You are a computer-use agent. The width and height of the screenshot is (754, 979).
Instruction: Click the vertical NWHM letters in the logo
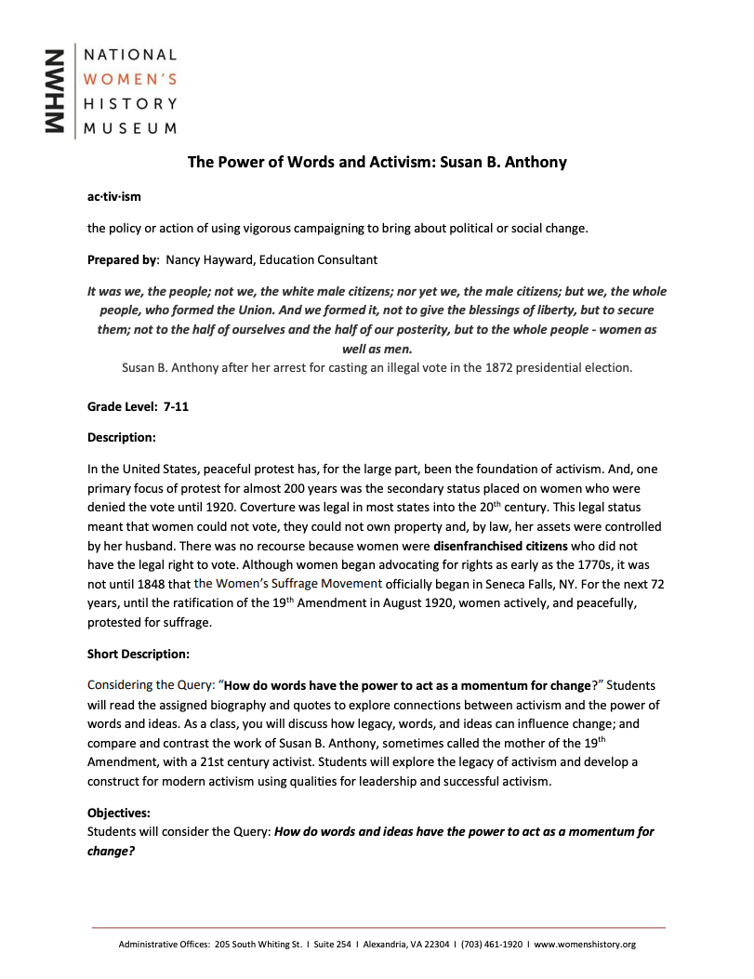click(57, 90)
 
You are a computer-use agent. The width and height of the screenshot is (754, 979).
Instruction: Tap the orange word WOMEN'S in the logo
click(130, 79)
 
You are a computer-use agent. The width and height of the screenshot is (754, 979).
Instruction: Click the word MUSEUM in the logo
click(130, 127)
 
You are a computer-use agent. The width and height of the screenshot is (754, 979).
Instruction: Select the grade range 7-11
click(176, 407)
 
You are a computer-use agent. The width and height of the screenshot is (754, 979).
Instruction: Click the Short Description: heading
click(139, 654)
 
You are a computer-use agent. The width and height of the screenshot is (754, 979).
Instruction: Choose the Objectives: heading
click(119, 813)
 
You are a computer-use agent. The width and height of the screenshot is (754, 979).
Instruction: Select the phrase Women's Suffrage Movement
click(288, 584)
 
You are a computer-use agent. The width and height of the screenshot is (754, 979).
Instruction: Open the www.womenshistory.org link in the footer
click(585, 945)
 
